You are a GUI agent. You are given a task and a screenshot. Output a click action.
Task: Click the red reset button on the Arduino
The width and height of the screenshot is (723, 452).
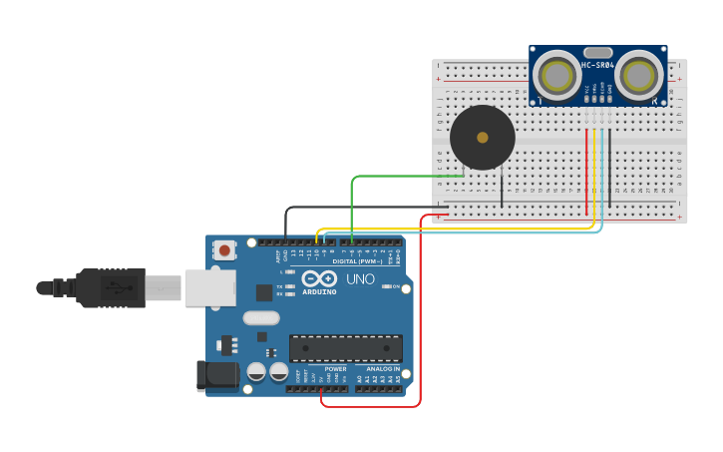point(225,250)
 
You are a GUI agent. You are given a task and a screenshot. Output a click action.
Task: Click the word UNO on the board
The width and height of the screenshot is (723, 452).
point(360,279)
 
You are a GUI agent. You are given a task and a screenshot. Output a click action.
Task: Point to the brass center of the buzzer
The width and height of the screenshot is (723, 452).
point(483,138)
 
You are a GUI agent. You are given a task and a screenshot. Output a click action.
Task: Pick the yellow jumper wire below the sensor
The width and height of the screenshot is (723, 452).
point(459,228)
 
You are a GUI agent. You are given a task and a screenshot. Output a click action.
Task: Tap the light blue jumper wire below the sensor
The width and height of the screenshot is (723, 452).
point(469,233)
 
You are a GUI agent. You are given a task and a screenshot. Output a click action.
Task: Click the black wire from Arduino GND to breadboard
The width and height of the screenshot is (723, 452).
point(359,208)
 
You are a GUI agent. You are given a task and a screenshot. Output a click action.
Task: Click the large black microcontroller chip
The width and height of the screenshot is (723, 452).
point(345,348)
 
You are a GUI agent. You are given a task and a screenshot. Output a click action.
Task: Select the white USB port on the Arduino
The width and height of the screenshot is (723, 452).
point(210,287)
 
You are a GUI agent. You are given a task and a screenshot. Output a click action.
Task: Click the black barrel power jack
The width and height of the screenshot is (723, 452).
point(217,375)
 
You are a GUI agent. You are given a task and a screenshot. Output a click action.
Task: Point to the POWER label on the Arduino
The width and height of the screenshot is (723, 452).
point(335,369)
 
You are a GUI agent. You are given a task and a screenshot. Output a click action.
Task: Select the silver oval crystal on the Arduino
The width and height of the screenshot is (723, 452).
point(261,318)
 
